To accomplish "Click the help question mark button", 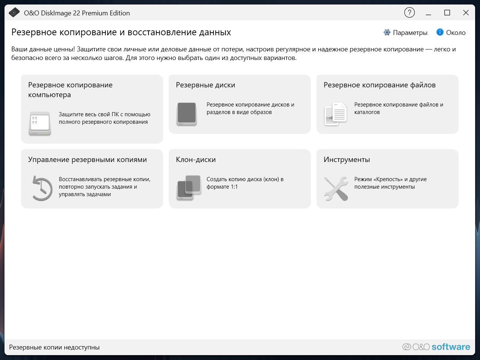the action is point(409,13).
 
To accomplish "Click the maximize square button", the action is point(447,13).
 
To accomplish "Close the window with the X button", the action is point(466,13).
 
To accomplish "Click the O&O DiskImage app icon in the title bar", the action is point(14,12).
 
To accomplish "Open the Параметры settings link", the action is point(410,33).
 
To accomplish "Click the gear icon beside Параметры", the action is point(387,32).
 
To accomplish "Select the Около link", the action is point(456,33).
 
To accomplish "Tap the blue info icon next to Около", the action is point(440,32).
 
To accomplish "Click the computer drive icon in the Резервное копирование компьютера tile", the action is point(40,123).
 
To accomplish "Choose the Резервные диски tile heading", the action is point(205,85).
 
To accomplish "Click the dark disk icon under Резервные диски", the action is point(186,114).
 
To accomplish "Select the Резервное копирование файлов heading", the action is point(379,85).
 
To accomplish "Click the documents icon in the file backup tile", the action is point(336,114).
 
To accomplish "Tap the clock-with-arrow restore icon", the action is point(42,188).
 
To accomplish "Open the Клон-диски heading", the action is point(196,160).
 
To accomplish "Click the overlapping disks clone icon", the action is point(189,188).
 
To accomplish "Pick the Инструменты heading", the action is point(347,160).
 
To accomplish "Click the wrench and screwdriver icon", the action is point(336,188).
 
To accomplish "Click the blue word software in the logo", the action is point(451,347).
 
